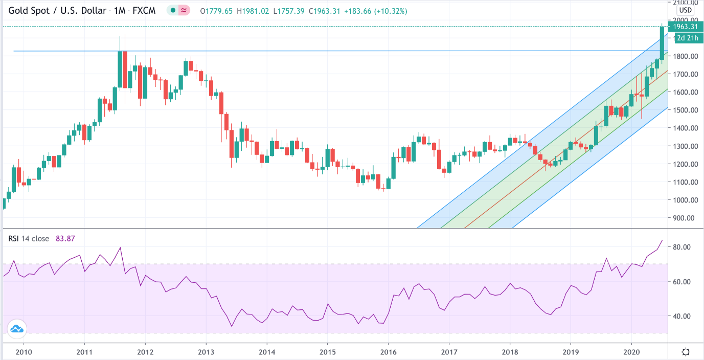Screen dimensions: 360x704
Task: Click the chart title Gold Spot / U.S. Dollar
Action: point(56,11)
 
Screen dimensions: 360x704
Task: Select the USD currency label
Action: point(685,10)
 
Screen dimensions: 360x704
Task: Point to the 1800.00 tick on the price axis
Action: point(686,56)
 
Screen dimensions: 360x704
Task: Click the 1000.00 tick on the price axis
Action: point(686,200)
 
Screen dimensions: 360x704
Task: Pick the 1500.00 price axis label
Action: point(686,110)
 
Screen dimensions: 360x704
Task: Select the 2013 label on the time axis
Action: point(206,352)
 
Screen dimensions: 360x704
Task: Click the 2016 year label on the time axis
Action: point(388,352)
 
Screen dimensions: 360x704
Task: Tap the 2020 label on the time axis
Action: point(631,352)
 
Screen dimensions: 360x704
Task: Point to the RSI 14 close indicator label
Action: point(29,238)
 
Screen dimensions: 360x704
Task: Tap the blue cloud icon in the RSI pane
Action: point(17,329)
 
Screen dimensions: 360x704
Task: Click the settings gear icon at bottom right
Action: point(686,352)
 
